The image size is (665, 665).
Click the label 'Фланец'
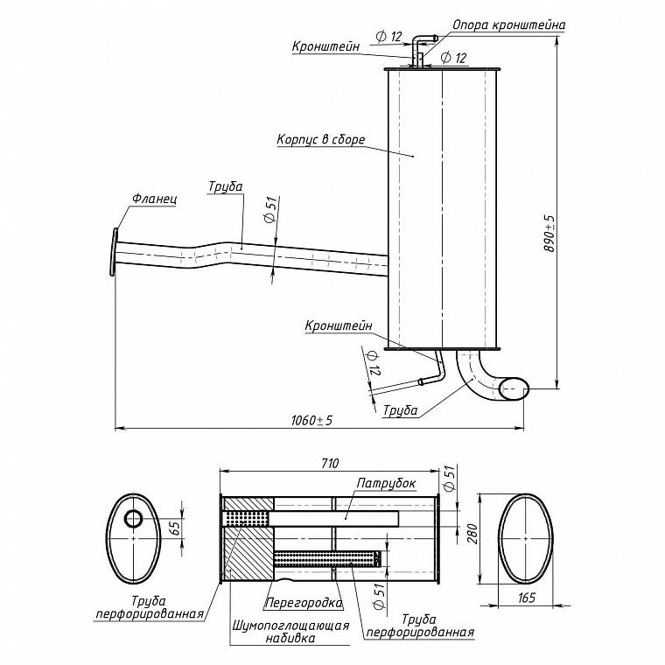(154, 199)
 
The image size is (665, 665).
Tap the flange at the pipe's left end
(113, 252)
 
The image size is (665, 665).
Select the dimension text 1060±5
(311, 420)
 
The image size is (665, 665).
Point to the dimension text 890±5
(549, 234)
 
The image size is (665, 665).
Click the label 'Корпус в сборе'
(320, 139)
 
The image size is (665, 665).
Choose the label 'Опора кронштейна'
(509, 25)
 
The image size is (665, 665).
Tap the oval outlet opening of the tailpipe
(514, 388)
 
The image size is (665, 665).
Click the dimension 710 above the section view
(330, 463)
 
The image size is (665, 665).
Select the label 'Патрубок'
(386, 483)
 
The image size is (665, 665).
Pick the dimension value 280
(472, 534)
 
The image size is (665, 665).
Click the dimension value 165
(527, 598)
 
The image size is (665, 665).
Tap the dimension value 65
(175, 528)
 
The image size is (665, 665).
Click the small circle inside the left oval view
(134, 518)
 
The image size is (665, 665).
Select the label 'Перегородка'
(304, 603)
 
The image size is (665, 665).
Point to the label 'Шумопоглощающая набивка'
(290, 632)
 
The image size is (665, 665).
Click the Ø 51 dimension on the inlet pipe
(270, 209)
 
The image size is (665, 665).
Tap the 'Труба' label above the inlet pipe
(226, 186)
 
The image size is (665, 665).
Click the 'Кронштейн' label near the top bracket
(325, 45)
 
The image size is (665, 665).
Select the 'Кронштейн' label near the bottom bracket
(339, 325)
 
